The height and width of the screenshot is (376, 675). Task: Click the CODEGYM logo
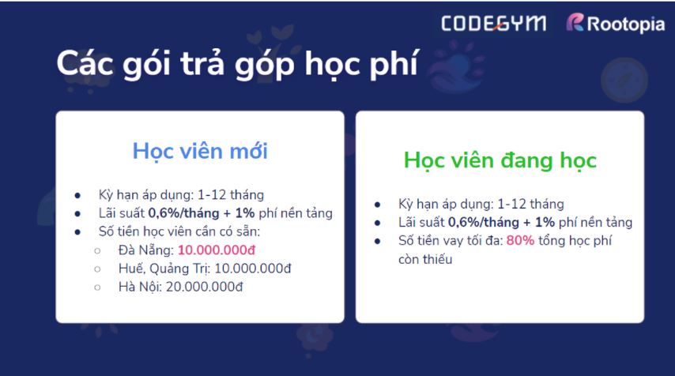tap(493, 24)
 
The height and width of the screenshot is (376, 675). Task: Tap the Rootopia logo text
tap(626, 25)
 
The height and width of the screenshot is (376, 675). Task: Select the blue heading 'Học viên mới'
tap(200, 150)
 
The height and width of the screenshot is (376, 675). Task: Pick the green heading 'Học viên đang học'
tap(500, 160)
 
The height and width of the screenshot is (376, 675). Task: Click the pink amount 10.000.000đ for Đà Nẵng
tap(217, 250)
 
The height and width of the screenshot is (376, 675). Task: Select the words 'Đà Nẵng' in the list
tap(145, 250)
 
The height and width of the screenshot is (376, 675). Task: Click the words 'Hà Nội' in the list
tap(138, 286)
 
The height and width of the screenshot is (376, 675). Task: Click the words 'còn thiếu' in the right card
tap(425, 259)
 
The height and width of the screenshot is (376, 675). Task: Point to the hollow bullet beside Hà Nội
tap(97, 287)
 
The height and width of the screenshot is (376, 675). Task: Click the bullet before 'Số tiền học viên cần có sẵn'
tap(77, 232)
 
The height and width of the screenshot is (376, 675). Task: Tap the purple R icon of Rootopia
tap(575, 24)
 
